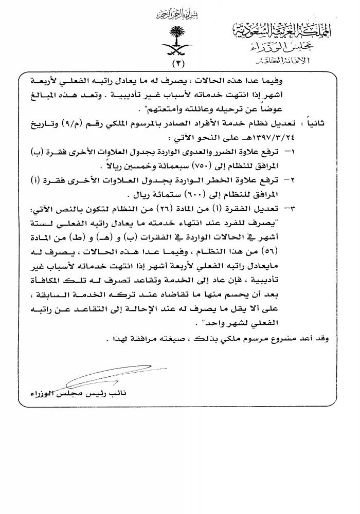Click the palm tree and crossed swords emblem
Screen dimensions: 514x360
(177, 43)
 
